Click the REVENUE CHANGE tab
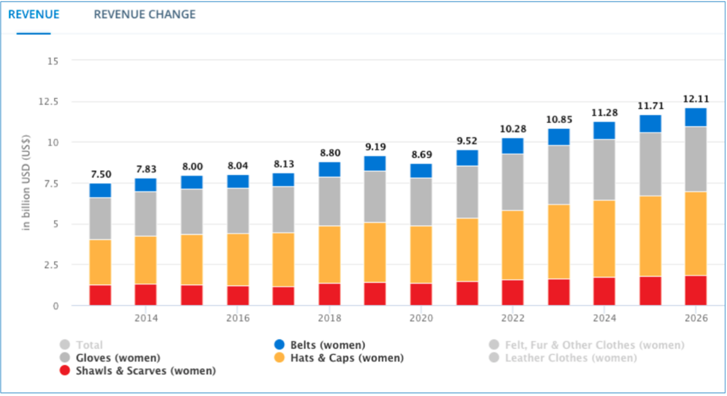[x=144, y=14]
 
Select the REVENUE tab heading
[x=33, y=14]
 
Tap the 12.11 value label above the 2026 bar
[x=695, y=99]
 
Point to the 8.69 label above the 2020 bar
[x=421, y=155]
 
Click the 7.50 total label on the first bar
[x=100, y=174]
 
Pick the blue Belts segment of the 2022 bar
[x=513, y=146]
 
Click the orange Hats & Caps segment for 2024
[x=604, y=238]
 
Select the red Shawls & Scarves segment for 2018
[x=329, y=294]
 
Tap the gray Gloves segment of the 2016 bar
[x=238, y=210]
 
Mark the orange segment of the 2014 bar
[x=146, y=260]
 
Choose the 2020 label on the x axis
[x=421, y=318]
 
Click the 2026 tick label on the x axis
[x=695, y=318]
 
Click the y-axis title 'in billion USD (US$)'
[x=26, y=183]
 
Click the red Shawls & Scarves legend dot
[x=65, y=371]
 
